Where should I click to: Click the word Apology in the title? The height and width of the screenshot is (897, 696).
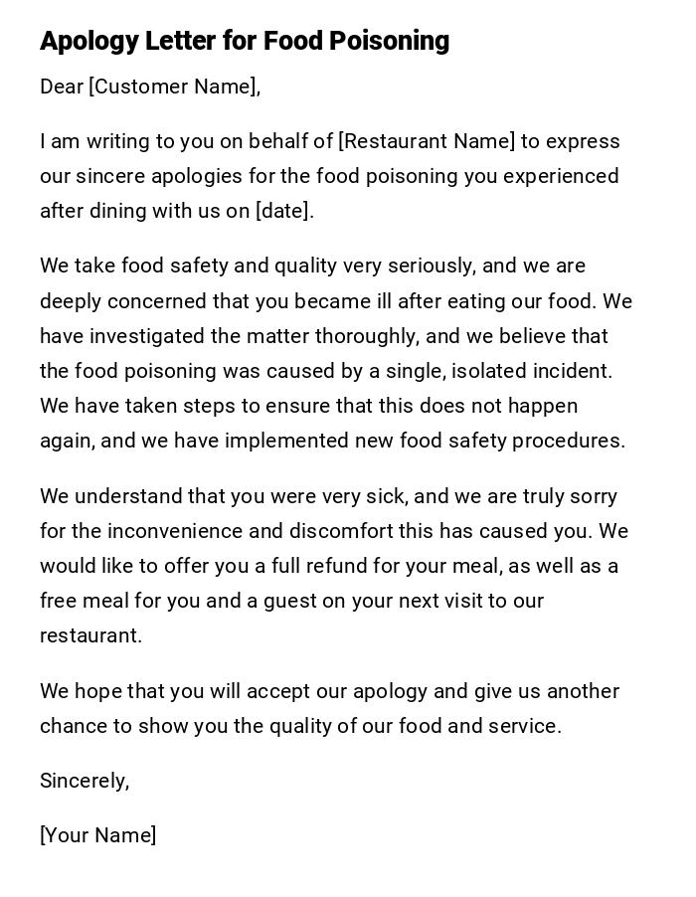point(87,41)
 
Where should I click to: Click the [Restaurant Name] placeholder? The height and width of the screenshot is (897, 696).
point(427,141)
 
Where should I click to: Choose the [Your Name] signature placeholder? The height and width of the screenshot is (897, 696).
point(97,835)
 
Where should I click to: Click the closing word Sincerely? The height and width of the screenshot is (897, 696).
point(84,781)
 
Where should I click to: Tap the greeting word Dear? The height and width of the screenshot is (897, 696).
point(61,88)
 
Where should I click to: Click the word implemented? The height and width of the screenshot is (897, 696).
point(283,441)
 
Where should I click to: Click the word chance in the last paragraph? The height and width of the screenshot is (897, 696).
point(73,726)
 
